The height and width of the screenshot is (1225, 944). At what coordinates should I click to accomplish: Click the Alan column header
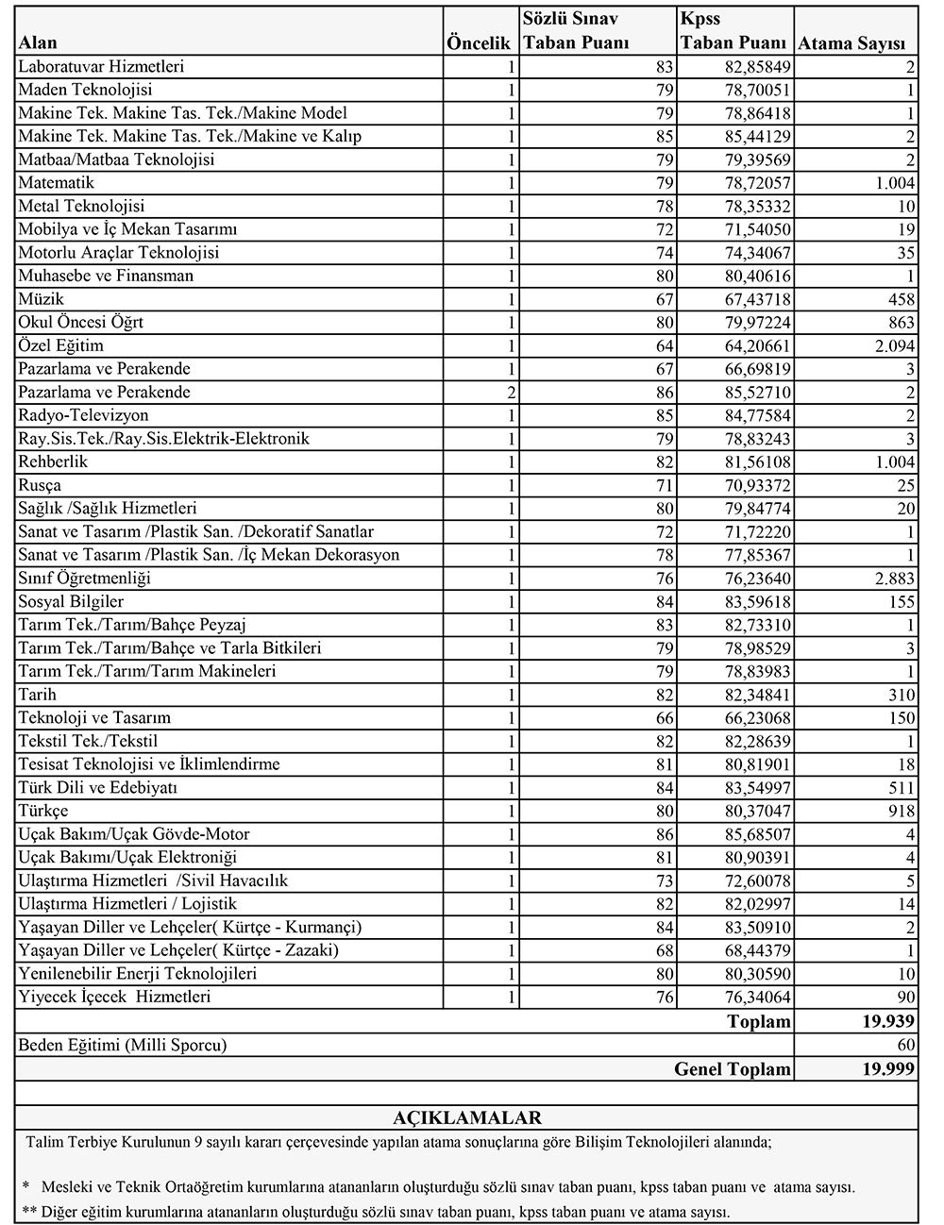[38, 43]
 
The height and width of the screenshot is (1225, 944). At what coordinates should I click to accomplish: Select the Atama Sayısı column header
[851, 43]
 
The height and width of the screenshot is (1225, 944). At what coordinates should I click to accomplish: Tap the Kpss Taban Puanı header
[733, 31]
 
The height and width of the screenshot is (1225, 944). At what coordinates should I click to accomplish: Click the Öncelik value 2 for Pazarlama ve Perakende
[511, 393]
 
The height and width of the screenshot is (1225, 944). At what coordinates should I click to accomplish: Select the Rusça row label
[40, 485]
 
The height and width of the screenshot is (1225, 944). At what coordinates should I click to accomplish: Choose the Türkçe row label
[43, 811]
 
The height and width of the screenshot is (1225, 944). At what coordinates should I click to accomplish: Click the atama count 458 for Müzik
[901, 299]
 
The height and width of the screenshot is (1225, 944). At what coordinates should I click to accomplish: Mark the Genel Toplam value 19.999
[887, 1069]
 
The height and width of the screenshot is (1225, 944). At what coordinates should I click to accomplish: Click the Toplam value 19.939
[887, 1022]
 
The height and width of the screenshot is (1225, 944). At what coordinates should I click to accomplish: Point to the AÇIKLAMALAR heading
[467, 1118]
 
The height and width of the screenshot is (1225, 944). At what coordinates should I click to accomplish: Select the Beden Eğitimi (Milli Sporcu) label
[123, 1045]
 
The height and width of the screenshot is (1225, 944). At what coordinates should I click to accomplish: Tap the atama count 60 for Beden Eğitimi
[905, 1045]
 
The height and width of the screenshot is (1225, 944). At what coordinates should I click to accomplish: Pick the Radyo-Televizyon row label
[83, 415]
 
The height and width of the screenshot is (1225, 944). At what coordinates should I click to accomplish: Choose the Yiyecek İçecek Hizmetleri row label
[114, 998]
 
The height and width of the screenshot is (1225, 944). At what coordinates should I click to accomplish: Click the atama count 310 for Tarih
[901, 696]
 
